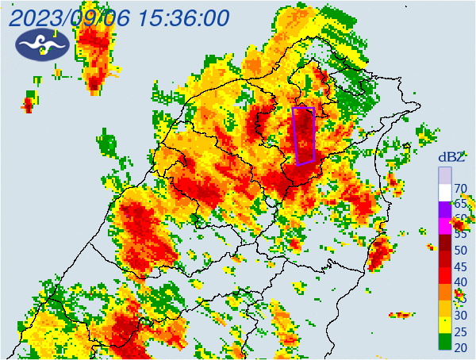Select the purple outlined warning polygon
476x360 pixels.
point(304,136)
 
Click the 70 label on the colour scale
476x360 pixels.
point(460,189)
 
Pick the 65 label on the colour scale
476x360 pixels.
point(460,204)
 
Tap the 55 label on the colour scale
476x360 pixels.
point(460,236)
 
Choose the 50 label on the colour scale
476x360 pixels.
point(460,251)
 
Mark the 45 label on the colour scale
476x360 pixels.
point(460,267)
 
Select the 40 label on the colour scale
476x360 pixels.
point(460,283)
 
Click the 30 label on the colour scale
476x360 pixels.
point(460,315)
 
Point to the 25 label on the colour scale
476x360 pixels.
point(460,331)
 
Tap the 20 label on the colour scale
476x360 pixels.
point(460,347)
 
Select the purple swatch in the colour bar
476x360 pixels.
point(445,209)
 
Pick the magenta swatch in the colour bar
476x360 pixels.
point(445,225)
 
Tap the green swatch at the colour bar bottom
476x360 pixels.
point(445,342)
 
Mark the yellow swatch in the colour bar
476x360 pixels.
point(445,325)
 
